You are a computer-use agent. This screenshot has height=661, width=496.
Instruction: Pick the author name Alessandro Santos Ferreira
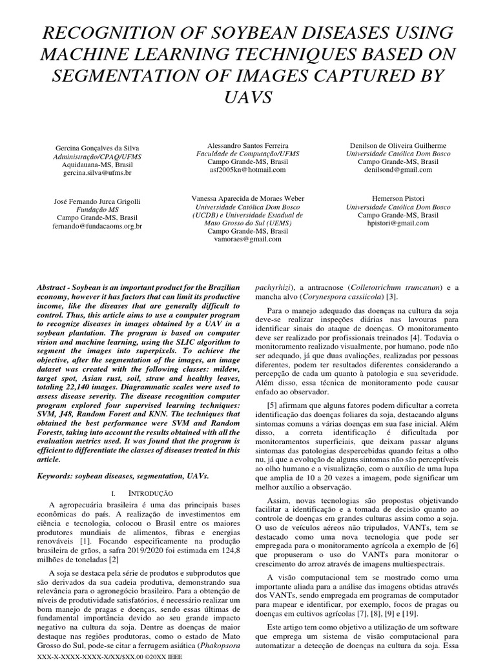click(x=249, y=146)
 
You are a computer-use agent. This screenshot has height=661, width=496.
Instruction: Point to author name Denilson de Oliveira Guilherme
click(x=397, y=146)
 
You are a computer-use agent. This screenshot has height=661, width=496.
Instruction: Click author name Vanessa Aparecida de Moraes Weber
click(x=249, y=198)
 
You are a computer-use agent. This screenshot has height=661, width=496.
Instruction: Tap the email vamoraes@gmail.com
click(x=249, y=239)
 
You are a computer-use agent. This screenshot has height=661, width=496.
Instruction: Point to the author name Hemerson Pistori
click(x=397, y=198)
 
